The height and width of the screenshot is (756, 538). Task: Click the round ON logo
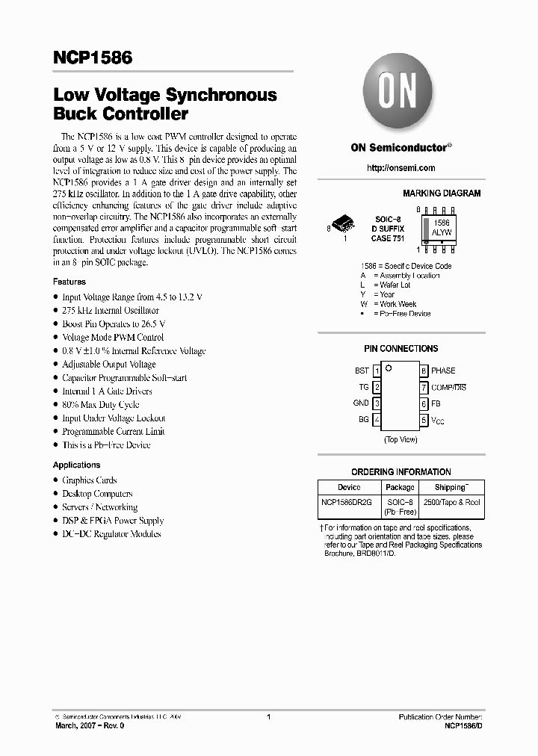pos(401,94)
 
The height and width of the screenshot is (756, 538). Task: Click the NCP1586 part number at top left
pos(93,58)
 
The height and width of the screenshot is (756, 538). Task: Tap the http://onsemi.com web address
pos(401,168)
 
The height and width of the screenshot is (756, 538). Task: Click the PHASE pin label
pos(443,371)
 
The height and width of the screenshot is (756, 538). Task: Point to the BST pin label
pos(362,371)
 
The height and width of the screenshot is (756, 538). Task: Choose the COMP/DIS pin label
pos(448,387)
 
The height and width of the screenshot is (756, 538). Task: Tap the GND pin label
pos(361,403)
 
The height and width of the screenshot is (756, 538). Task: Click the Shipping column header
pos(451,487)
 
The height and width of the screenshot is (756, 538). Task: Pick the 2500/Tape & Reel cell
pos(451,503)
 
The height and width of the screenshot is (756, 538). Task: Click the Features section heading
pos(69,282)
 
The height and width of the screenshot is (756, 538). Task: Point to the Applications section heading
pos(76,465)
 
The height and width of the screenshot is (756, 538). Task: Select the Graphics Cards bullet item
pos(90,480)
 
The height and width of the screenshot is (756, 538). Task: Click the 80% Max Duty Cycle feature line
pos(101,405)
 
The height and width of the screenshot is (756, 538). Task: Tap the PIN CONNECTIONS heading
pos(401,349)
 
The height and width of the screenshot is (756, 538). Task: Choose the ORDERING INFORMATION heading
pos(401,472)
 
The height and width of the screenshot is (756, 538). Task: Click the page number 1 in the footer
pos(268,717)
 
